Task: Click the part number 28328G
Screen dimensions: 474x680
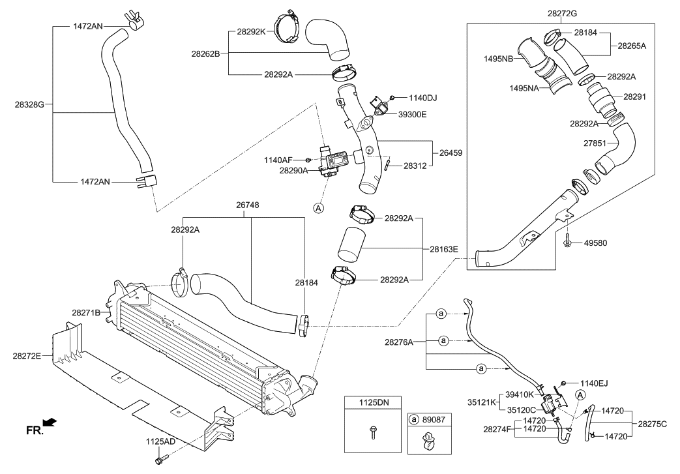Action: click(x=33, y=104)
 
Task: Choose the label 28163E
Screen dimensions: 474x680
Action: click(x=443, y=248)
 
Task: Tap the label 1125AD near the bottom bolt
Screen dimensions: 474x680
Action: click(x=160, y=441)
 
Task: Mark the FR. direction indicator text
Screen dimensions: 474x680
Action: click(x=35, y=430)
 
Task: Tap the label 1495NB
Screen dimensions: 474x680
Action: click(x=498, y=59)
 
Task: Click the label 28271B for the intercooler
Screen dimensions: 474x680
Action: click(x=86, y=313)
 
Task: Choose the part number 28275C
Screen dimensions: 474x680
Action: click(x=653, y=424)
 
